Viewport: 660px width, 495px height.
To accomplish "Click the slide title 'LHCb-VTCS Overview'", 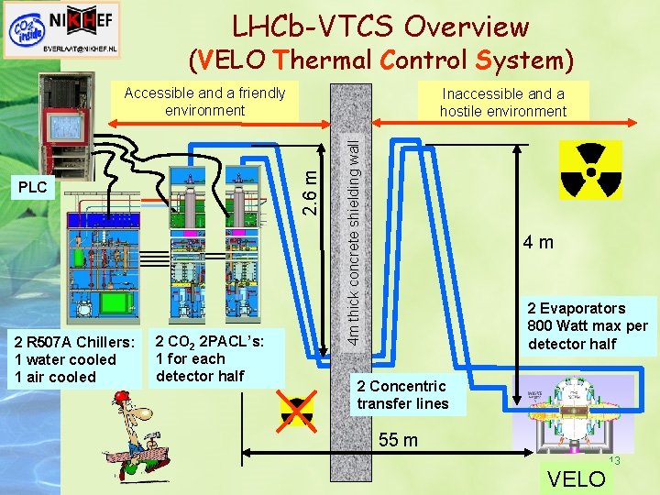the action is coord(379,26).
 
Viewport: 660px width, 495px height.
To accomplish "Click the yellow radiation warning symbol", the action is coord(589,170).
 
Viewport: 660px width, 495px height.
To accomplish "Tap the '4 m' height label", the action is coord(538,243).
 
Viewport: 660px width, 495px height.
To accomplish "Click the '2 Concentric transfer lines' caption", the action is coord(403,395).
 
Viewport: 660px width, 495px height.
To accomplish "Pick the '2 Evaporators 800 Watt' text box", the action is coord(587,326).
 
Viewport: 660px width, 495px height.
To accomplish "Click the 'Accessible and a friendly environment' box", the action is coord(204,102).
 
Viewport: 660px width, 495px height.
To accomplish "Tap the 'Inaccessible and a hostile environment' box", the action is coord(502,103).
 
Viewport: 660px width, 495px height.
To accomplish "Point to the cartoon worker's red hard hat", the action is coord(121,397).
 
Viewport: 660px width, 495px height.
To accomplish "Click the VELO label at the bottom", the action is coord(576,478).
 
